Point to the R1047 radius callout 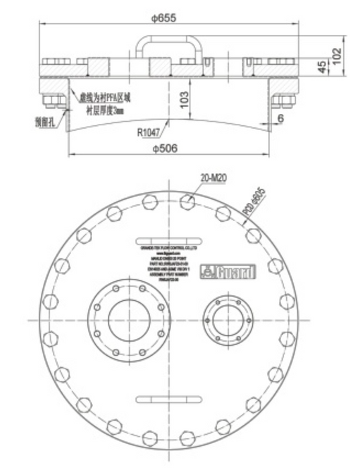[149, 131]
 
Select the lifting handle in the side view [168, 48]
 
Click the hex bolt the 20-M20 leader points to [189, 200]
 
